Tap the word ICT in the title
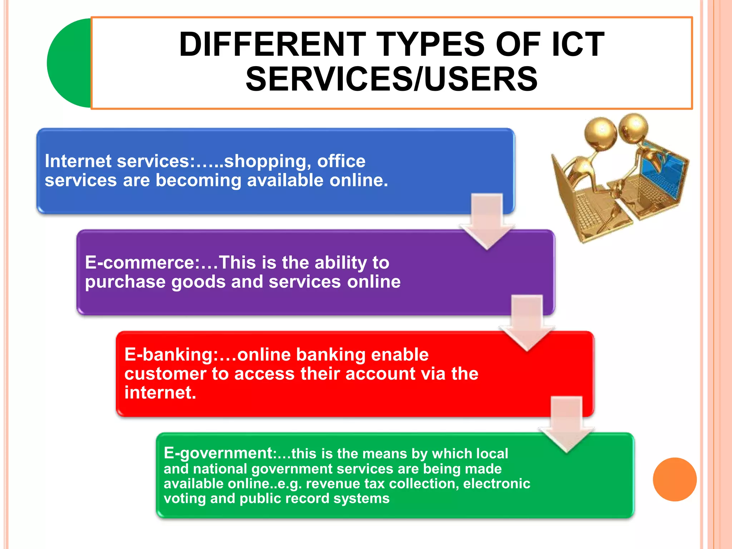pyautogui.click(x=578, y=44)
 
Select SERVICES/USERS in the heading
pyautogui.click(x=391, y=79)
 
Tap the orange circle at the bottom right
pyautogui.click(x=674, y=479)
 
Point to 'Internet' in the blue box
pyautogui.click(x=78, y=161)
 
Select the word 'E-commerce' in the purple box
pyautogui.click(x=140, y=263)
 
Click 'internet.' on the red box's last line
pyautogui.click(x=160, y=392)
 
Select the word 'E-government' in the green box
pyautogui.click(x=218, y=453)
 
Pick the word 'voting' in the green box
pyautogui.click(x=184, y=498)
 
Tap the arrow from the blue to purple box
pyautogui.click(x=487, y=220)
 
